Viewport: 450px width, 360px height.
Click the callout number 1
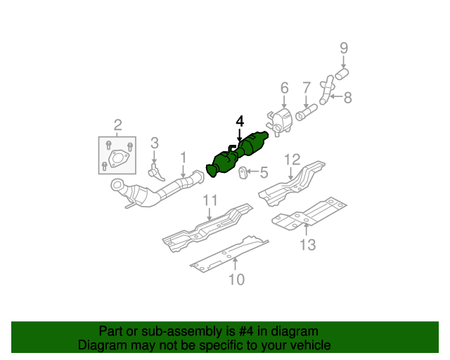point(184,157)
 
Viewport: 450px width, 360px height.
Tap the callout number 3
point(155,142)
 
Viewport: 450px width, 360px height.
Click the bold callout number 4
point(240,121)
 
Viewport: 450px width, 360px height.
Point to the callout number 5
point(264,172)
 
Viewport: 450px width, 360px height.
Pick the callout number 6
point(284,88)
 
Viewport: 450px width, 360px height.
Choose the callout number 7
point(307,88)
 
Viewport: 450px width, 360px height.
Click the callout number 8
point(347,97)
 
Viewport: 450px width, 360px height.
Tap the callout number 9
point(344,49)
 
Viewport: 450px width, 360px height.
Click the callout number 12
point(292,159)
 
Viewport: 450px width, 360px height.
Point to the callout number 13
point(307,245)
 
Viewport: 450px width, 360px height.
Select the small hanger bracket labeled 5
point(243,172)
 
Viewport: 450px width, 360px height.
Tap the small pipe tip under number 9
point(343,72)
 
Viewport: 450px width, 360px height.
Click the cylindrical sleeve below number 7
point(307,112)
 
